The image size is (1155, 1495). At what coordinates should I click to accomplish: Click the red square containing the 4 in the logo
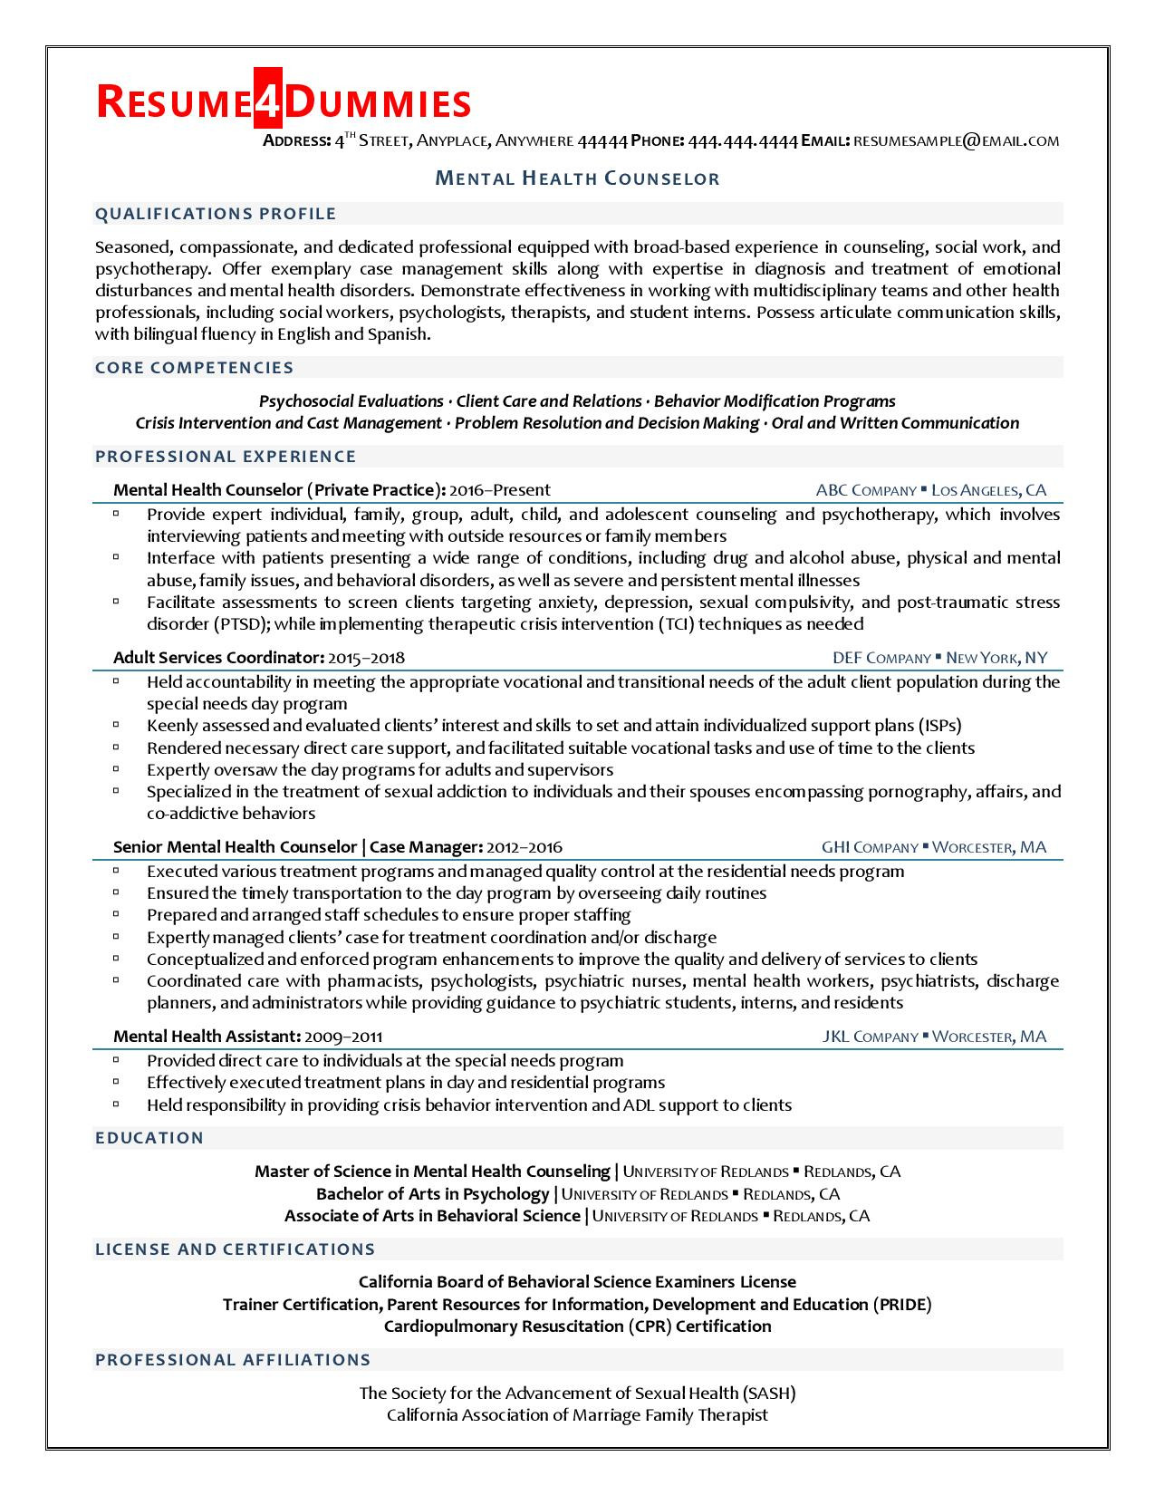268,103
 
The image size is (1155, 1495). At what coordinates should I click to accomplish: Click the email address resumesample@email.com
956,140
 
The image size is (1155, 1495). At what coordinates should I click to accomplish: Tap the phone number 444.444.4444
743,140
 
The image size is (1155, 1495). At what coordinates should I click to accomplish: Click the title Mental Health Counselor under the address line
577,178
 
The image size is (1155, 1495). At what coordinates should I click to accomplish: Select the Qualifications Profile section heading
216,214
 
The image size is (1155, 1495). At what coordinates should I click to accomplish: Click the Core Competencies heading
195,368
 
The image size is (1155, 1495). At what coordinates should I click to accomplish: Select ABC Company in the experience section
865,490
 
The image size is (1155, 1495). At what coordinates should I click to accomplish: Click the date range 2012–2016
524,848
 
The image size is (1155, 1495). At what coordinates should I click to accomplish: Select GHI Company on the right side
870,848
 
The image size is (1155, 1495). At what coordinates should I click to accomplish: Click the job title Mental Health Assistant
207,1037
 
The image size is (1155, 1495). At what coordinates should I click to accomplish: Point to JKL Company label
870,1037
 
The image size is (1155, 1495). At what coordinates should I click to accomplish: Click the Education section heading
149,1138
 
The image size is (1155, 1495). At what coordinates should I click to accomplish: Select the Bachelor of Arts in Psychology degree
432,1194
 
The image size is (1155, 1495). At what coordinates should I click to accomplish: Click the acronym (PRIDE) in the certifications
902,1305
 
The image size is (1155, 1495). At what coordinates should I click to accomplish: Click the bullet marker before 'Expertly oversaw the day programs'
117,769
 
